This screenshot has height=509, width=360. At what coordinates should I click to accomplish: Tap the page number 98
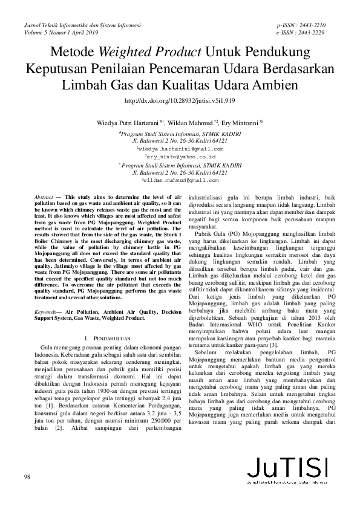pos(27,478)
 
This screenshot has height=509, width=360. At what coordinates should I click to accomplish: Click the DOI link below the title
pos(180,102)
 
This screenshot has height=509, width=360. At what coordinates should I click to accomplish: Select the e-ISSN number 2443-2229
pos(312,33)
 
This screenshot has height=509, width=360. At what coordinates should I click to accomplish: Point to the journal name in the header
pos(82,26)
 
